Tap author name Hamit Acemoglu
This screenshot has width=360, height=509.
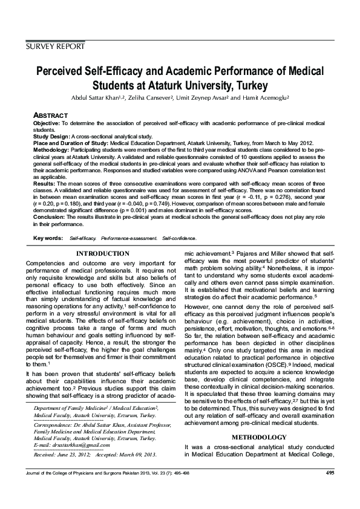click(263, 97)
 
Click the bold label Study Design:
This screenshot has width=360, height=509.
click(53, 136)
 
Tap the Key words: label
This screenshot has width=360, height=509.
click(48, 239)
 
